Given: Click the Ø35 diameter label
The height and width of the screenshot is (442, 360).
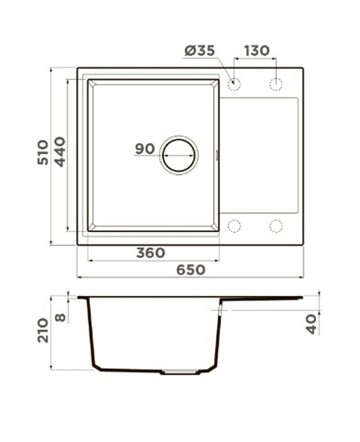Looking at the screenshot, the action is [200, 51].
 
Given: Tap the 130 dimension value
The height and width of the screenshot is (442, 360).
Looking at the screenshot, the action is [257, 51].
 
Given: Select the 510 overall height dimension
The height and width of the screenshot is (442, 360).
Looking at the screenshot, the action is [43, 152].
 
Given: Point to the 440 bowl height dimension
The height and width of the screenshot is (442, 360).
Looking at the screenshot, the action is [60, 152].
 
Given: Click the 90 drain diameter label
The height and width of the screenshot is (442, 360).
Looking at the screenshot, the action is [145, 149].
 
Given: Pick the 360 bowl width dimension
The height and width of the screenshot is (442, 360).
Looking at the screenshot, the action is [151, 253].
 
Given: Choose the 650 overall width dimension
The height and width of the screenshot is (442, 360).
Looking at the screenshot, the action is [191, 270].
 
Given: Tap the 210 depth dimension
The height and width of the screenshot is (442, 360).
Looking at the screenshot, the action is [43, 330].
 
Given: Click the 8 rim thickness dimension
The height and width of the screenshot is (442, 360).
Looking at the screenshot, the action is [60, 318].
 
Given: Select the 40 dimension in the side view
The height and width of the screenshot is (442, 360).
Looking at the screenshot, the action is [311, 324].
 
